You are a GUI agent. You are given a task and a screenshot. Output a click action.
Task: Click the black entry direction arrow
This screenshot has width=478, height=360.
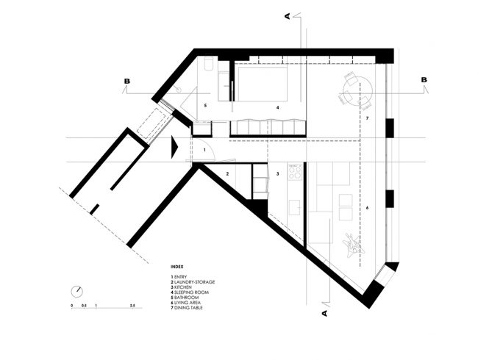pyautogui.click(x=174, y=147)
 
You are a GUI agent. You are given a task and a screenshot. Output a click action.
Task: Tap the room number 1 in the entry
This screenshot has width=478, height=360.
pyautogui.click(x=204, y=150)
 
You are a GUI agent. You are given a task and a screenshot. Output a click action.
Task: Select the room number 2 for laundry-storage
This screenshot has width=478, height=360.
pyautogui.click(x=227, y=174)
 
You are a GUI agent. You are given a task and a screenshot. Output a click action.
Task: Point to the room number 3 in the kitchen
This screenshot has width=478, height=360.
pyautogui.click(x=277, y=174)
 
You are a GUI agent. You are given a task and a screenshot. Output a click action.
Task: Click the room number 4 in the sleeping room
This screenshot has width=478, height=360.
pyautogui.click(x=277, y=107)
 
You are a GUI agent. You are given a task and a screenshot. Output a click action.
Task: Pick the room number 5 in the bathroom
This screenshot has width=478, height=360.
pyautogui.click(x=205, y=105)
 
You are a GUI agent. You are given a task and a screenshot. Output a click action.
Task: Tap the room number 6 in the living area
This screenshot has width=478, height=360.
pyautogui.click(x=367, y=208)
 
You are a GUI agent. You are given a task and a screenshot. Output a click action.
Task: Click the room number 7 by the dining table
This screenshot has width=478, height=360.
pyautogui.click(x=367, y=118)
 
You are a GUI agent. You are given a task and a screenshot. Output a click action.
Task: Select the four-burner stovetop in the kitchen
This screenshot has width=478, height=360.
pyautogui.click(x=295, y=172)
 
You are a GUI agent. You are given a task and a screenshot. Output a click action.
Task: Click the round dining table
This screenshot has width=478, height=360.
pyautogui.click(x=357, y=91)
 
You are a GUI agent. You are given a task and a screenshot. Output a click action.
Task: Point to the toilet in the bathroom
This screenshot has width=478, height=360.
pyautogui.click(x=209, y=63)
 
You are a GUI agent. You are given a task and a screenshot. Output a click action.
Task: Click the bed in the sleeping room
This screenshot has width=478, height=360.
pyautogui.click(x=263, y=84)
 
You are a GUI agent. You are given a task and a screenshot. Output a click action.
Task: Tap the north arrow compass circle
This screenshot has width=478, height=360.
pyautogui.click(x=76, y=292)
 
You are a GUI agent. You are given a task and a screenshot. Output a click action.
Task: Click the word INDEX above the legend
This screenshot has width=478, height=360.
pyautogui.click(x=176, y=267)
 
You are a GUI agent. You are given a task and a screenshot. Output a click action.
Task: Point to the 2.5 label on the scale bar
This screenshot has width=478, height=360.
pyautogui.click(x=132, y=305)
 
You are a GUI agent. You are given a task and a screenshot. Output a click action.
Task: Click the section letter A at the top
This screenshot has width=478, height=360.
pyautogui.click(x=288, y=16)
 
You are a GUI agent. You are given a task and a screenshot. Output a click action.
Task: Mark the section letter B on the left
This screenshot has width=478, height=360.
pyautogui.click(x=126, y=82)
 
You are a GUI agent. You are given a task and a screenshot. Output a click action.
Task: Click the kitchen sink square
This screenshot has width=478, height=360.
pyautogui.click(x=294, y=207)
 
